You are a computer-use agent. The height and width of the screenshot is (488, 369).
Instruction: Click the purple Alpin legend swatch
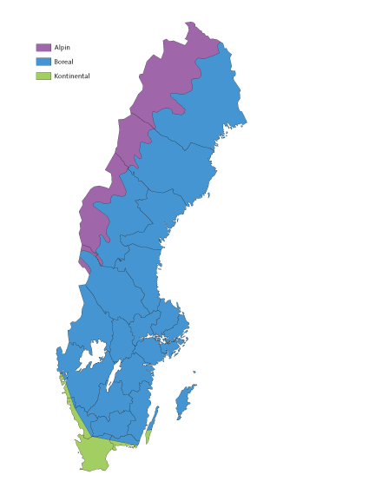point(43,47)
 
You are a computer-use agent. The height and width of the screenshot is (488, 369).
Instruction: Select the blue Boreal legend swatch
point(43,62)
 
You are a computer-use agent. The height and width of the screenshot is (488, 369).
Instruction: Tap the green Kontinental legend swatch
point(43,76)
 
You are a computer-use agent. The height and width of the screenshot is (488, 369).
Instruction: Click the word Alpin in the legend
point(63,47)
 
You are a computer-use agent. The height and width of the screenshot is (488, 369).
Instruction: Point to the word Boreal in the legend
point(64,62)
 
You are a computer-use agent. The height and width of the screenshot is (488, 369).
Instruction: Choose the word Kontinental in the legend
point(72,76)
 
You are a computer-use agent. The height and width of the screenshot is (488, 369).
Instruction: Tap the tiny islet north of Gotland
point(194,373)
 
